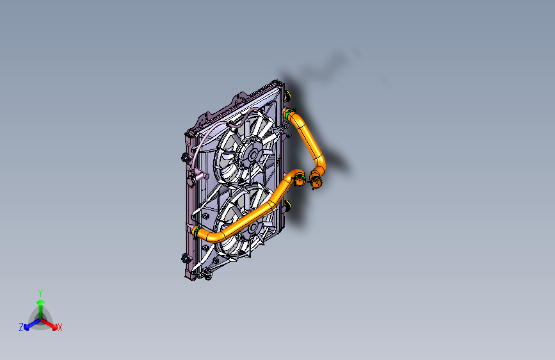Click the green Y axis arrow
pos(40,302)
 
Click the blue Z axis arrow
pos(29,324)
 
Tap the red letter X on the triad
pos(60,328)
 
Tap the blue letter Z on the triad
pos(21,327)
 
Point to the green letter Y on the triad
pos(40,291)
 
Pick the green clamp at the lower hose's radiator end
pos(197,230)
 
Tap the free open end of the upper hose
pos(316,183)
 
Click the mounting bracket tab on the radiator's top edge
pos(241,97)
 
